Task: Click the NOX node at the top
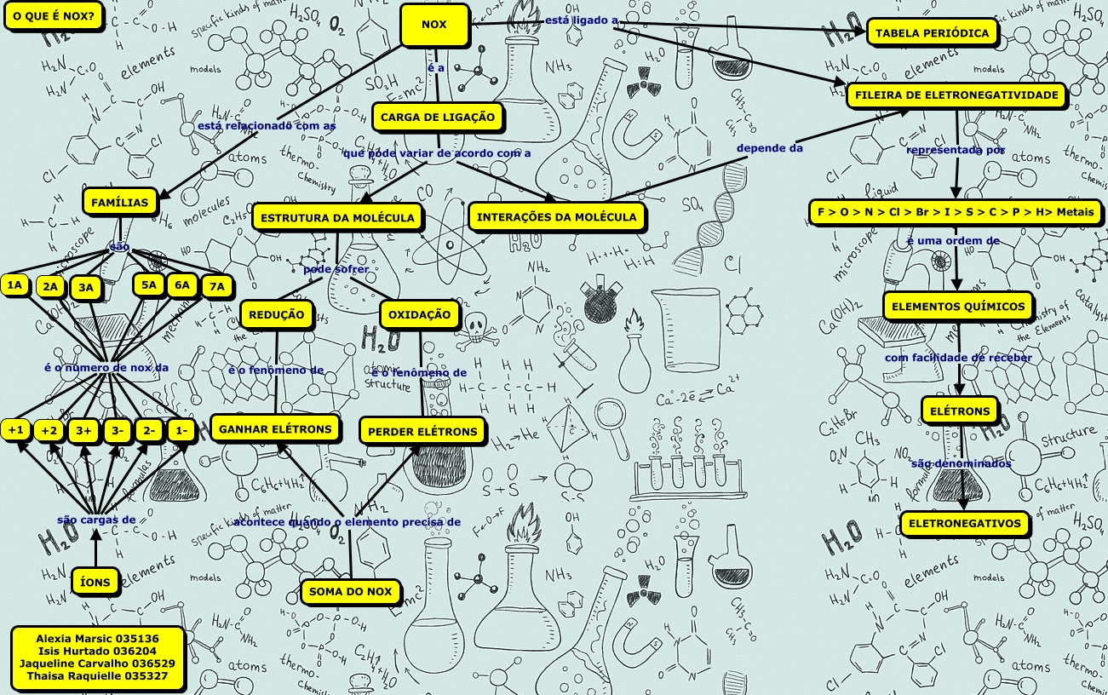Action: (x=434, y=25)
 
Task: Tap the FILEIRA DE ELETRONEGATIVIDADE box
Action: (x=956, y=95)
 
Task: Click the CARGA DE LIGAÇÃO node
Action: (x=438, y=117)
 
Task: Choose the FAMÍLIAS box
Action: (x=121, y=203)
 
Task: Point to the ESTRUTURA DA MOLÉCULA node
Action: (x=337, y=217)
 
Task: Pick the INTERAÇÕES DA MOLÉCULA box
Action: (x=556, y=216)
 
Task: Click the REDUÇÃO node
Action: (x=276, y=315)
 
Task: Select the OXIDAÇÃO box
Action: (x=419, y=315)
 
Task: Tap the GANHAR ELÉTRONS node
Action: (x=275, y=429)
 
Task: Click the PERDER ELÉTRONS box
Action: (x=422, y=432)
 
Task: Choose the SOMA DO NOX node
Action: (x=350, y=591)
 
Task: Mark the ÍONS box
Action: (x=95, y=581)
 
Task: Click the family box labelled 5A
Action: (x=149, y=285)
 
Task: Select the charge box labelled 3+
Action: (x=83, y=431)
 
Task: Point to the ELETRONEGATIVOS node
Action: (x=964, y=524)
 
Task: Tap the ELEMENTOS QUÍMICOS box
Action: (x=959, y=307)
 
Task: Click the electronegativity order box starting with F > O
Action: (x=956, y=212)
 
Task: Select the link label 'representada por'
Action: (x=956, y=150)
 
